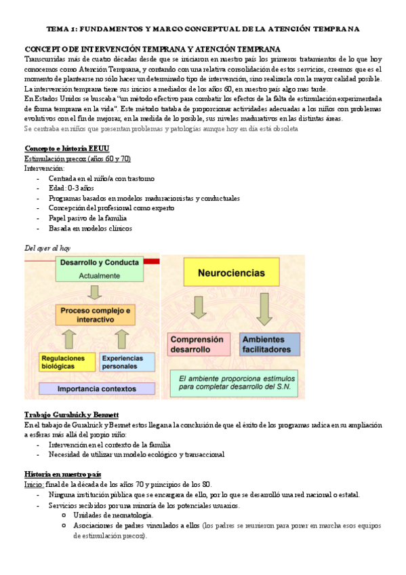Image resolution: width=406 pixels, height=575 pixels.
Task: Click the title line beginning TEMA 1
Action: pyautogui.click(x=203, y=29)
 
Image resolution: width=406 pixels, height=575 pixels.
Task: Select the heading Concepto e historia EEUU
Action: pyautogui.click(x=66, y=148)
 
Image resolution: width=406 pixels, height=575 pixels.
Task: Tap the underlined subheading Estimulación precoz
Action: pyautogui.click(x=77, y=158)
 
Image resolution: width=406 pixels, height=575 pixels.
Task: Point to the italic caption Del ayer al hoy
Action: pyautogui.click(x=47, y=248)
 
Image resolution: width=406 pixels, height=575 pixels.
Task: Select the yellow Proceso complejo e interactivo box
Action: pyautogui.click(x=95, y=315)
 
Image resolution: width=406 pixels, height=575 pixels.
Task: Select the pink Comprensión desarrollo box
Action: pyautogui.click(x=197, y=344)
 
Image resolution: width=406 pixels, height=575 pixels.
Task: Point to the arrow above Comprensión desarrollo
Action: pyautogui.click(x=199, y=309)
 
